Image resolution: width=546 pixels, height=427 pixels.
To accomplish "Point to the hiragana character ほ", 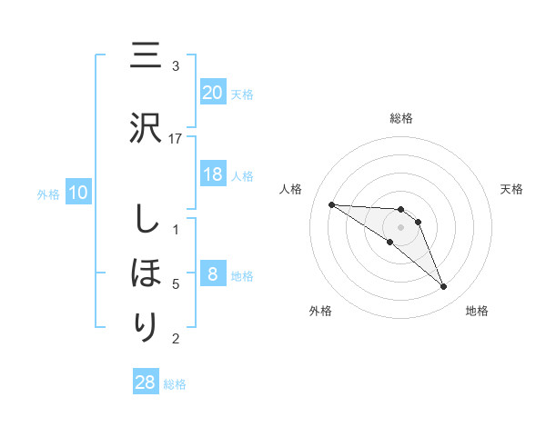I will tap(147, 273).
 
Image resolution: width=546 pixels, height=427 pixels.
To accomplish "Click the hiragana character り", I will tap(147, 326).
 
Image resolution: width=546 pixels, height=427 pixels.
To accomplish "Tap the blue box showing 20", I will tap(213, 92).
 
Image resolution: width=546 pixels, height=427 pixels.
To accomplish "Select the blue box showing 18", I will tap(213, 174).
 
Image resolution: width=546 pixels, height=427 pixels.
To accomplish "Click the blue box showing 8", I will tap(213, 274).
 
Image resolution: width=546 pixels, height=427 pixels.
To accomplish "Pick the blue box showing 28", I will tap(146, 382).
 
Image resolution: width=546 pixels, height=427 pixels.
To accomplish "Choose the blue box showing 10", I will tap(76, 193).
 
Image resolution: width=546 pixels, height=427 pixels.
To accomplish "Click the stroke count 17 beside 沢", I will tap(176, 138).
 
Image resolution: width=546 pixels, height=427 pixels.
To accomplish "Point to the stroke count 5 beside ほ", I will tap(176, 283).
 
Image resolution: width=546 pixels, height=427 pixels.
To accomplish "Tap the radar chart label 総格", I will tap(401, 118).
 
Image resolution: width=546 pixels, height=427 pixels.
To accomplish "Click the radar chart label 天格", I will tap(512, 189).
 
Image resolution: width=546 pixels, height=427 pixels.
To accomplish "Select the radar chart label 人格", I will tap(290, 189).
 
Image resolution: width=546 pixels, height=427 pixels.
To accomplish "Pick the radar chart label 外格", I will tap(320, 311).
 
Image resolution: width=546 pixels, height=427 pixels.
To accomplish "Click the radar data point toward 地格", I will tap(444, 287).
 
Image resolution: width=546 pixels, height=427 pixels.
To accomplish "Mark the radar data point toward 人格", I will tap(331, 204).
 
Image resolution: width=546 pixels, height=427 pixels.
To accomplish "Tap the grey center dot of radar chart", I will tap(401, 227).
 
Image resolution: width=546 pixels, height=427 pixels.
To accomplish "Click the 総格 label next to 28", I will tap(175, 384).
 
